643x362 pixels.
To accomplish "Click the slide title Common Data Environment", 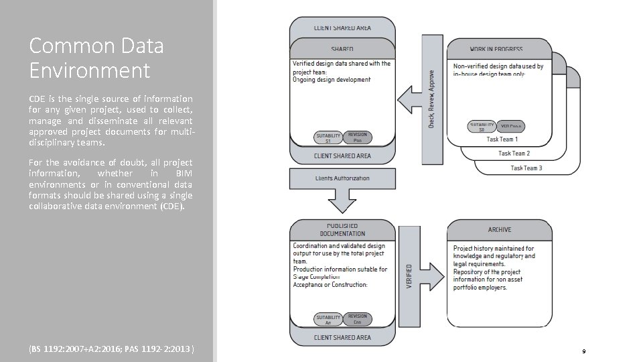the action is click(x=96, y=58).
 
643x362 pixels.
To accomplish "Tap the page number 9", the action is click(x=584, y=351).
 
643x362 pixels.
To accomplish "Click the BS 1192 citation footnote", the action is click(x=112, y=350).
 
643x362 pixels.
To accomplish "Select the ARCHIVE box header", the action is click(x=500, y=230).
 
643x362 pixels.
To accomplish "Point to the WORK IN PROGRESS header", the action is click(x=496, y=50).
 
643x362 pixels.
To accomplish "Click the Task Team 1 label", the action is click(x=502, y=139).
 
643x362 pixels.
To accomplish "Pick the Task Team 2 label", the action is click(x=514, y=154).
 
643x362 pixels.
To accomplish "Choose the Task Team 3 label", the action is click(x=526, y=168).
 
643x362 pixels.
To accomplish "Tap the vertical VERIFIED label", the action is click(x=409, y=277).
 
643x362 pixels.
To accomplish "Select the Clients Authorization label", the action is click(x=342, y=178).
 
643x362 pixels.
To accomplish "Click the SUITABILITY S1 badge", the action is click(x=328, y=138).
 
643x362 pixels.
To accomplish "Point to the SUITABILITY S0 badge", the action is click(x=482, y=126).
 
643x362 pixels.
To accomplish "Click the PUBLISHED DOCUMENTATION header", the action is click(x=342, y=230).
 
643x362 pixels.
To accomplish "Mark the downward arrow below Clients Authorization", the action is click(x=342, y=199).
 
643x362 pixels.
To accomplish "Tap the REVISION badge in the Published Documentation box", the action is click(x=358, y=319).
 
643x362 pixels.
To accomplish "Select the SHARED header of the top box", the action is click(x=342, y=50).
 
